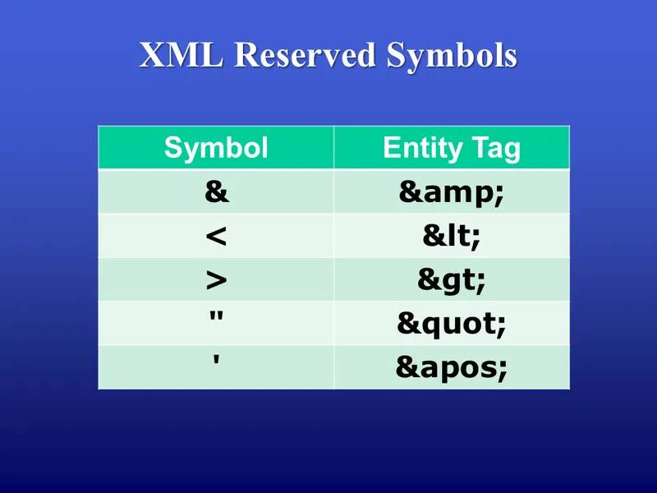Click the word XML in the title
tap(181, 55)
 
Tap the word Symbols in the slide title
tap(453, 56)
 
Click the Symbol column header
tap(216, 148)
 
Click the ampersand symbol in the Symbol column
tap(216, 192)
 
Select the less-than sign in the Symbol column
tap(216, 237)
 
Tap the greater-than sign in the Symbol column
tap(216, 280)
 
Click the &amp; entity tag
tap(451, 192)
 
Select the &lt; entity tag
tap(451, 237)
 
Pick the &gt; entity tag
tap(451, 280)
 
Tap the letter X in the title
tap(153, 55)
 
